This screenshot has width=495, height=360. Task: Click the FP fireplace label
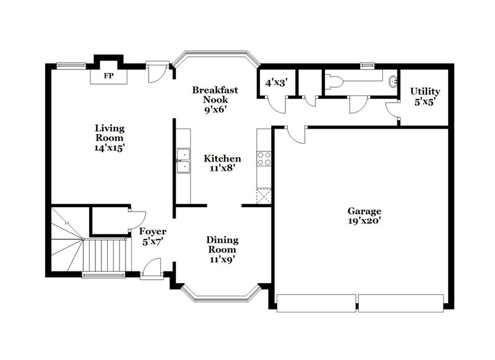109,76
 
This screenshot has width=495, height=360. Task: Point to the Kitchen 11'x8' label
222,163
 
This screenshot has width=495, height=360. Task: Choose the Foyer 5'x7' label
152,237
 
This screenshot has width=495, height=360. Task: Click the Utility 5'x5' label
426,96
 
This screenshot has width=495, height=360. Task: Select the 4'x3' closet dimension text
276,82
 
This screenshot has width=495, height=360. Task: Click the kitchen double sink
183,160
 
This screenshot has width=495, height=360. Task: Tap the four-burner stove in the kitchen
264,158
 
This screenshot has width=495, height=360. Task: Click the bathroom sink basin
392,81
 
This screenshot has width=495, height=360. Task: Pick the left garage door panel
316,303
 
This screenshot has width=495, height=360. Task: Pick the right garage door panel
401,303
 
